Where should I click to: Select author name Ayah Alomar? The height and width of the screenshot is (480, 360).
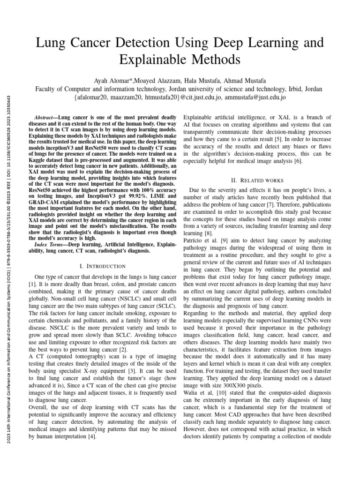tap(112, 79)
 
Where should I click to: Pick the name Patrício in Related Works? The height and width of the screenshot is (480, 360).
tap(193, 240)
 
